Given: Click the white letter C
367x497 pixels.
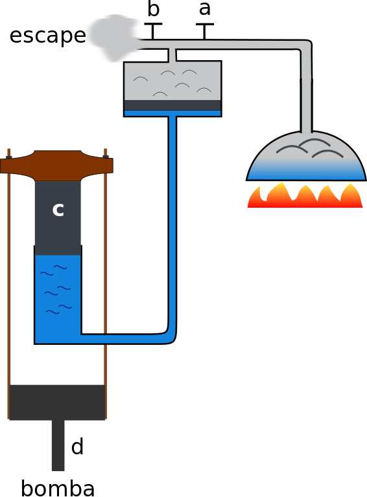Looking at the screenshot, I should [58, 211].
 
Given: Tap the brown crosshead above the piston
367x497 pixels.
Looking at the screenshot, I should [57, 165].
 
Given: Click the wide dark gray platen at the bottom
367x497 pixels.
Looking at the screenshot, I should [57, 402].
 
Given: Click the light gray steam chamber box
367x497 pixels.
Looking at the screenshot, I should [172, 81].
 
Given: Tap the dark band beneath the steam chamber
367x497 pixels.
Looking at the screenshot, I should [172, 105].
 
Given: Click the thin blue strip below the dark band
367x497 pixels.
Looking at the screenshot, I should [172, 113].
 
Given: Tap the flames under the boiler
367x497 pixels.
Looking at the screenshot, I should [305, 195].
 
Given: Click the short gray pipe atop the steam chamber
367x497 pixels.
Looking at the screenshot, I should [172, 55].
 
